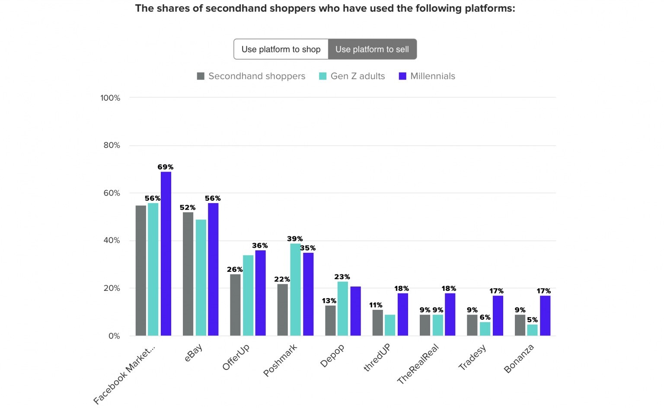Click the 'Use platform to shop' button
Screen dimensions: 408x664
coord(281,49)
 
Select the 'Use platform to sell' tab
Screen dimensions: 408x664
coord(372,49)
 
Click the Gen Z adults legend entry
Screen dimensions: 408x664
coord(352,76)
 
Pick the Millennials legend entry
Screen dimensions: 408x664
coord(427,76)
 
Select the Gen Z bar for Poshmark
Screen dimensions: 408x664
coord(295,290)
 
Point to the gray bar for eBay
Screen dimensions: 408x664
coord(188,274)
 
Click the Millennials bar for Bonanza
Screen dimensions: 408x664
coord(545,316)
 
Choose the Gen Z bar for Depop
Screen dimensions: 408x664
coord(343,309)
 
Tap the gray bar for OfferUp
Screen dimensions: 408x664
coord(235,305)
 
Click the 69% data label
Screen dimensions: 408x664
coord(166,167)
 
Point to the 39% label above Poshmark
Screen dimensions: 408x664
coord(295,239)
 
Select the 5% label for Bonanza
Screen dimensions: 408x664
coord(533,320)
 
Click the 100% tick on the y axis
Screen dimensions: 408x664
coord(110,98)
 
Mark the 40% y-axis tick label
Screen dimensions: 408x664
coord(112,240)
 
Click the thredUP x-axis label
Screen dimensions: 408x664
coord(377,357)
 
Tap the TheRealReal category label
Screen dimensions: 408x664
coord(418,364)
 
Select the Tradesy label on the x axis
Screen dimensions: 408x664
coord(472,357)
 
